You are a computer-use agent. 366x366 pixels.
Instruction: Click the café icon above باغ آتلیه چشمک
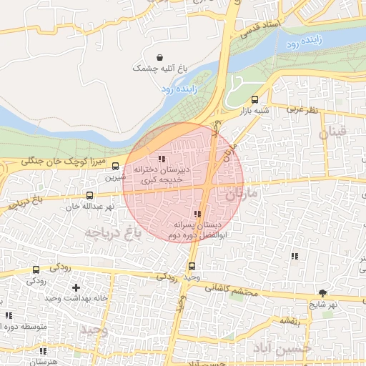point(159,57)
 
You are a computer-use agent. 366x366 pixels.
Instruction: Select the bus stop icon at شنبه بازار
point(255,99)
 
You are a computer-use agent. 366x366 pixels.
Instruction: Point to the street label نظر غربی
point(302,110)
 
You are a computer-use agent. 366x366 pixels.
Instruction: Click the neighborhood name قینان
point(332,132)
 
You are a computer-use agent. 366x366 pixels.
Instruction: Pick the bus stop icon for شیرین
point(116,167)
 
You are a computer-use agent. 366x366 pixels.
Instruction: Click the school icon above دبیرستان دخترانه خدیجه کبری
point(162,159)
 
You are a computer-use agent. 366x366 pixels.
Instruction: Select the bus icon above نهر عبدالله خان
point(89,195)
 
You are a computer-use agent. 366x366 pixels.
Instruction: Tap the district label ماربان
point(245,193)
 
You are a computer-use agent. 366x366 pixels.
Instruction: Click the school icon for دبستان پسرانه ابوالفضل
point(197,214)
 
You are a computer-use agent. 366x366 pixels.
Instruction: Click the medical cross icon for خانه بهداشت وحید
point(76,287)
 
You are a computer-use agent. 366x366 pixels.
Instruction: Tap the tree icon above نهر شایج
point(322,293)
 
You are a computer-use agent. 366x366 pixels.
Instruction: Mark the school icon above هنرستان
point(44,352)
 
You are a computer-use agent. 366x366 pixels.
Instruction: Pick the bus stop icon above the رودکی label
point(36,270)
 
